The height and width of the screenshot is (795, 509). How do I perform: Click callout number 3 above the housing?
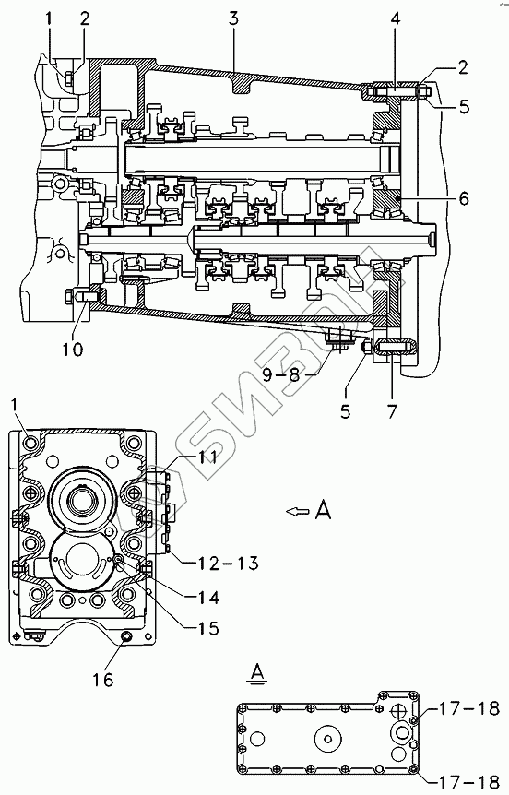click(232, 18)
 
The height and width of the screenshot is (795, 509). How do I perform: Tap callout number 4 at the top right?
click(396, 18)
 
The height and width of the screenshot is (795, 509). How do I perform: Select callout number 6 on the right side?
click(464, 198)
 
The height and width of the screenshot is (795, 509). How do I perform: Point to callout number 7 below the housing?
click(391, 410)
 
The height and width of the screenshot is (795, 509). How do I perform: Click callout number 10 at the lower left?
click(73, 350)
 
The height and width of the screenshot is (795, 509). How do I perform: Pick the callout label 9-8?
click(282, 375)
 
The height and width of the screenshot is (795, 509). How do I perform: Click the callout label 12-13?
click(221, 563)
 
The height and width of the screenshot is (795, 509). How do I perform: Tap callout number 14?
click(207, 598)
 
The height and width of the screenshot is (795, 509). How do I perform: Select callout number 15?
click(207, 629)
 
